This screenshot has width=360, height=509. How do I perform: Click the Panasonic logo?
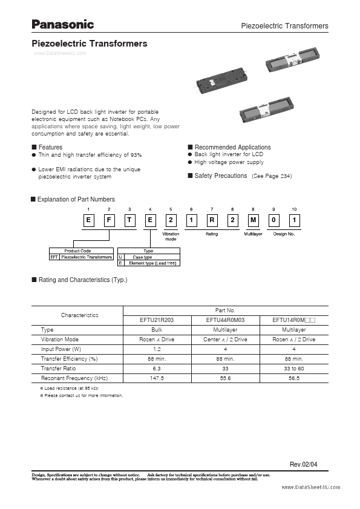click(x=63, y=24)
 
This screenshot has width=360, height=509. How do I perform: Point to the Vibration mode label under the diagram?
click(x=171, y=236)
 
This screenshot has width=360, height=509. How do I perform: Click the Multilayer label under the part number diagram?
click(x=253, y=233)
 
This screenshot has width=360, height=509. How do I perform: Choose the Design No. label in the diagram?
click(x=284, y=233)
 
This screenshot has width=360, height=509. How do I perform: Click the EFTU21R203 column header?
click(x=157, y=320)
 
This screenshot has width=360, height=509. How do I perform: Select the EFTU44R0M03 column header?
click(x=226, y=320)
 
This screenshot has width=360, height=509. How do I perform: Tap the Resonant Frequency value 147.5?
click(x=157, y=378)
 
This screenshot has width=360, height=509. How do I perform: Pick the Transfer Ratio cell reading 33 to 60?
click(x=294, y=368)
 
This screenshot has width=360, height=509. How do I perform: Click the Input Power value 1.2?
click(x=157, y=349)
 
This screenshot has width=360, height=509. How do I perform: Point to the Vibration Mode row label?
click(x=60, y=340)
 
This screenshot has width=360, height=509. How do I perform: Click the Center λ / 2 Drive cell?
click(x=226, y=340)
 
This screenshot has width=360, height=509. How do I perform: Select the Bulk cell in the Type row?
click(x=157, y=330)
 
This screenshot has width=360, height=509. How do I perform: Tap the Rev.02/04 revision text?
click(x=303, y=464)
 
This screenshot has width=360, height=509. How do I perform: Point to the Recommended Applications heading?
click(x=232, y=147)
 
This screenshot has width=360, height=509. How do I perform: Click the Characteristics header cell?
click(x=79, y=315)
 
